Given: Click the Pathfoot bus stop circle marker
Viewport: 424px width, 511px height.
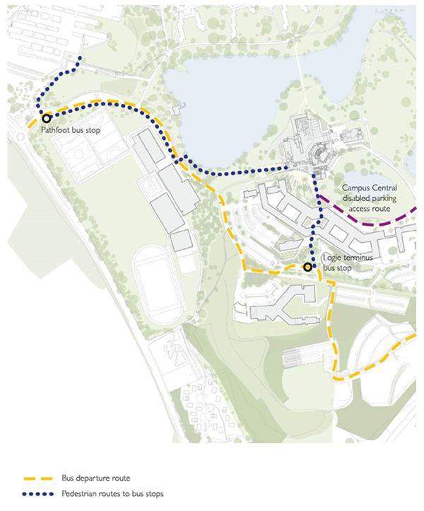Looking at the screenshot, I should pos(46,119).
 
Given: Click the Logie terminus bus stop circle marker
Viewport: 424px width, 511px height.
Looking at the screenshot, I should pos(307,268).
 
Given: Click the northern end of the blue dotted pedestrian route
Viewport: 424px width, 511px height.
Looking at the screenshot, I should pos(81,58).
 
